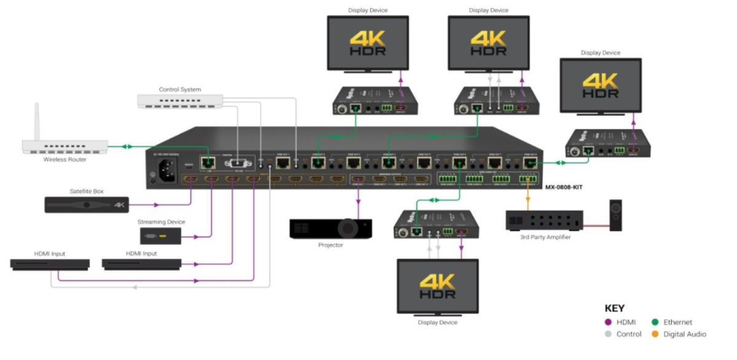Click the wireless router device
pyautogui.click(x=64, y=147)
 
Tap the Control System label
pyautogui.click(x=180, y=90)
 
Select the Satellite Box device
pyautogui.click(x=87, y=205)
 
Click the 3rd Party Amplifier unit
pyautogui.click(x=544, y=220)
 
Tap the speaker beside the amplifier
pyautogui.click(x=615, y=216)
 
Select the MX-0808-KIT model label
pyautogui.click(x=563, y=187)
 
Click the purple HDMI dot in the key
pyautogui.click(x=609, y=322)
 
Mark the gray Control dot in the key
pyautogui.click(x=609, y=334)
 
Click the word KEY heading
pyautogui.click(x=614, y=308)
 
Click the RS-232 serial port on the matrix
pyautogui.click(x=237, y=164)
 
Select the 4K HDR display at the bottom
pyautogui.click(x=437, y=285)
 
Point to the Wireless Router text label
pyautogui.click(x=64, y=160)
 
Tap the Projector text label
pyautogui.click(x=330, y=245)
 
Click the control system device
pyautogui.click(x=180, y=101)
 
